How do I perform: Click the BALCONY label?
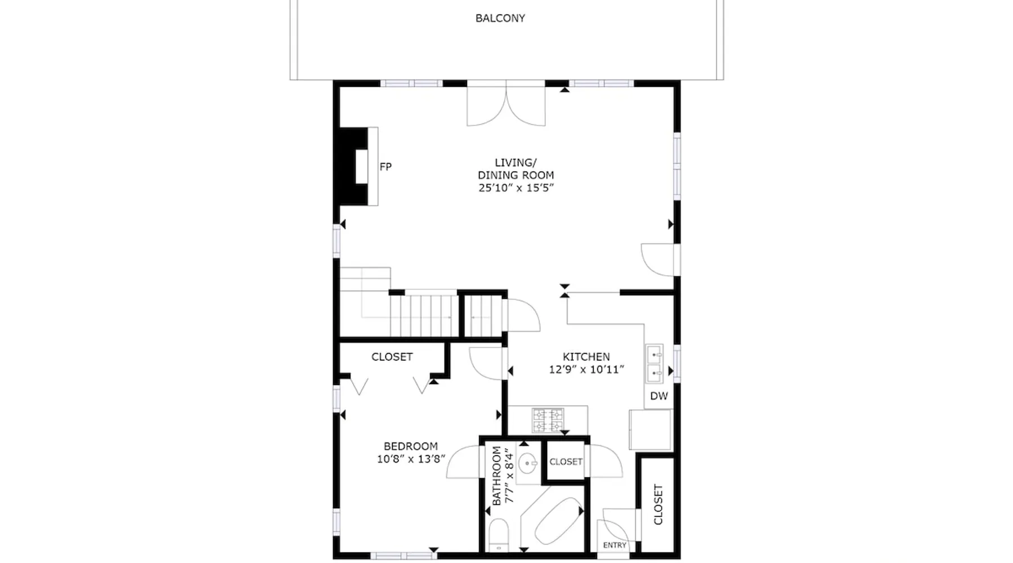[x=500, y=18]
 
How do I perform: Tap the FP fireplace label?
[x=386, y=167]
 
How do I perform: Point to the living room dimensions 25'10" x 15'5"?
[x=516, y=188]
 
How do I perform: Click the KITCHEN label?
[x=586, y=356]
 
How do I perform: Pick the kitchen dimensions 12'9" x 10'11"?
[x=586, y=370]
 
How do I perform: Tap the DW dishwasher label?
[x=659, y=396]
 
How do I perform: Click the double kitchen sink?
[x=654, y=364]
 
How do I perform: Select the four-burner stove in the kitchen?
[x=548, y=421]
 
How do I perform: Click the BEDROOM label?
[x=411, y=446]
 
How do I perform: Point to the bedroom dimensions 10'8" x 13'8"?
[x=411, y=459]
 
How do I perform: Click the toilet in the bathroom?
[x=499, y=535]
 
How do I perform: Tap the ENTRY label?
[x=615, y=545]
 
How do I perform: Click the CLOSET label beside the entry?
[x=658, y=504]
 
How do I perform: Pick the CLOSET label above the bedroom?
[x=392, y=357]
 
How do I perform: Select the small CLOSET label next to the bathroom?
[x=566, y=462]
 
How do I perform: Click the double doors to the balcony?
[x=506, y=104]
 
